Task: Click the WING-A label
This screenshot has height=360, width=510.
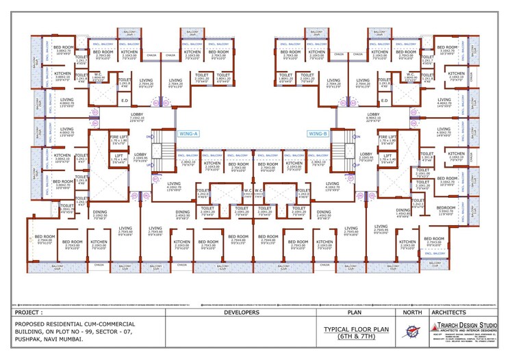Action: click(188, 134)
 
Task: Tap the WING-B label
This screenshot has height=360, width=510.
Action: click(318, 134)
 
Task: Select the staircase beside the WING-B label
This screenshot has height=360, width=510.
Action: click(340, 149)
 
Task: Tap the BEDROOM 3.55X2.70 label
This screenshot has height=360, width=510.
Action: click(447, 209)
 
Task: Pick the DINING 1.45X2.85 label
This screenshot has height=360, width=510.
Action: click(402, 212)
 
